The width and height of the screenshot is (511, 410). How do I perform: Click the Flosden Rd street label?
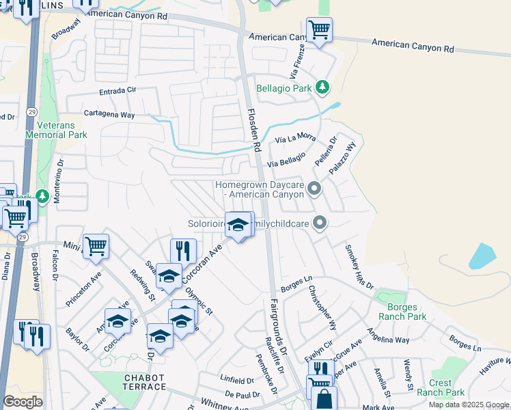click(x=254, y=130)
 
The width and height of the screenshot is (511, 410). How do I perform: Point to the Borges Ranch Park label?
click(x=402, y=312)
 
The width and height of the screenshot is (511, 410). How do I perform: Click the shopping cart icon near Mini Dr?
click(x=96, y=245)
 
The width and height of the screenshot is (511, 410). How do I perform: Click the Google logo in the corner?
click(x=23, y=401)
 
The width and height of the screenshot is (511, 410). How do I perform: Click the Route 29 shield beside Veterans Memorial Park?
click(x=31, y=111)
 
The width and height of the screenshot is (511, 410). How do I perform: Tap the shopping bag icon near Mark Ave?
click(x=326, y=400)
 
